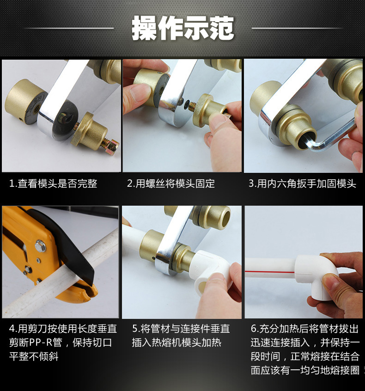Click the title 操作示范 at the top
coord(183,28)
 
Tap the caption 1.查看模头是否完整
coord(53,184)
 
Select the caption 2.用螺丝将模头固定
coord(171,183)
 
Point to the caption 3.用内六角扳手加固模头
coord(302,183)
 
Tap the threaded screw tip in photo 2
coord(192,104)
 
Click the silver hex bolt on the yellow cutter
coord(41,245)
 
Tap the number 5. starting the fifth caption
coord(136,329)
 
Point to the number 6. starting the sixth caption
coord(255,329)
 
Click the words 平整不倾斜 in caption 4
coord(34,357)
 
